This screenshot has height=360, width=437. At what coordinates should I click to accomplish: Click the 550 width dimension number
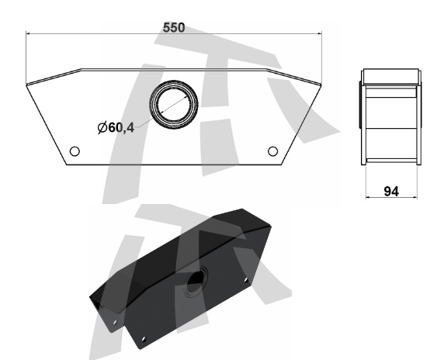tap(174, 28)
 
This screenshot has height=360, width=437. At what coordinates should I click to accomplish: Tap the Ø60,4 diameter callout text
tap(116, 127)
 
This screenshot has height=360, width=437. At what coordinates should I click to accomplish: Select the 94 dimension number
tap(391, 191)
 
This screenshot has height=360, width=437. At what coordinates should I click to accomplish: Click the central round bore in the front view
tap(174, 104)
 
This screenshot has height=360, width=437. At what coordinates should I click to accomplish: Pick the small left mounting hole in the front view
tap(75, 151)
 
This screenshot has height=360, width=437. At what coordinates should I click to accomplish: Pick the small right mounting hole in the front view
tap(272, 151)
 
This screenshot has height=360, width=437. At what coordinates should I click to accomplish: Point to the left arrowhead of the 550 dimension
tap(28, 33)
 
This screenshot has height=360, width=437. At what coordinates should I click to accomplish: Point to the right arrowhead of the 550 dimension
tap(320, 33)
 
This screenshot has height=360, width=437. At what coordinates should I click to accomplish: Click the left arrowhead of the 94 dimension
tap(368, 198)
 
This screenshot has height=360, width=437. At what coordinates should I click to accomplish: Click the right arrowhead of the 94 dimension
tap(415, 198)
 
